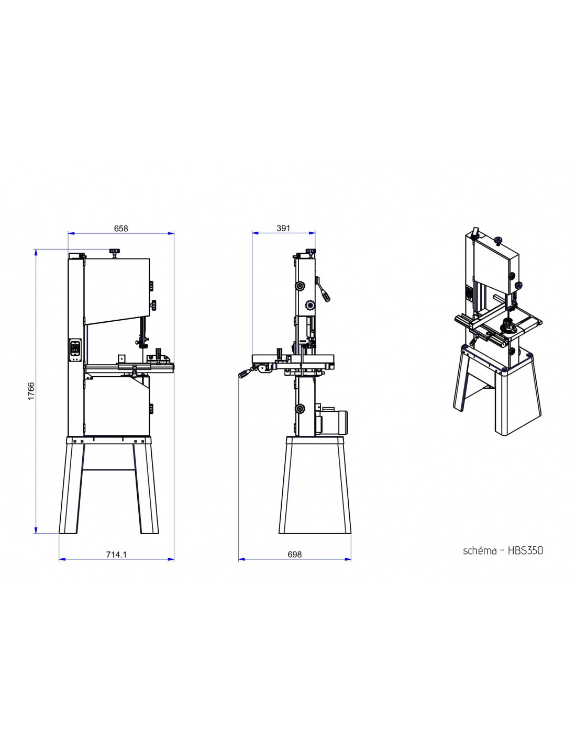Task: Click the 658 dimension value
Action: pos(121,228)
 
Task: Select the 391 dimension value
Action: pos(283,228)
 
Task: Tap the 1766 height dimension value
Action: pos(31,391)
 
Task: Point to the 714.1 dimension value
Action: pos(116,555)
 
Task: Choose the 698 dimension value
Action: pos(295,555)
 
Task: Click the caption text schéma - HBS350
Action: pos(503,550)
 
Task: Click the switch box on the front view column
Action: pos(75,350)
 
